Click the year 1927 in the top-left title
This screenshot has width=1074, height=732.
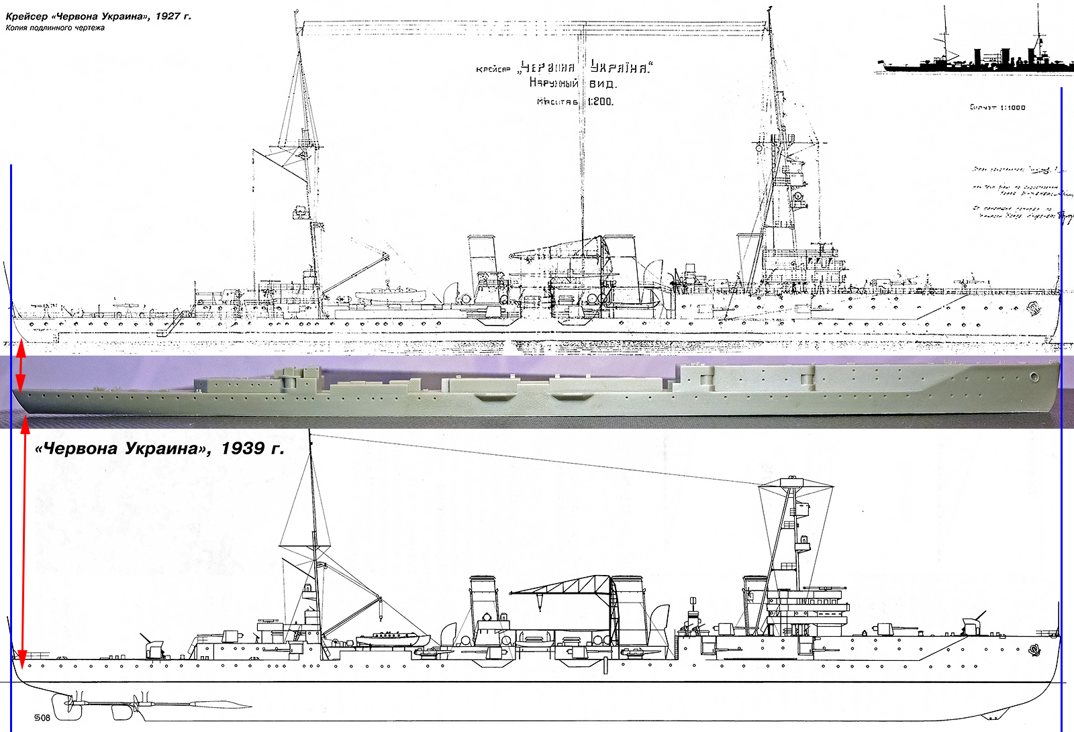pyautogui.click(x=168, y=16)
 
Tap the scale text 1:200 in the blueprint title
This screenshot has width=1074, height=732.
pyautogui.click(x=600, y=102)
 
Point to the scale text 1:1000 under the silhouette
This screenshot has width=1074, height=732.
pyautogui.click(x=1012, y=107)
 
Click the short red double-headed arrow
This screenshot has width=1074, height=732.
pyautogui.click(x=21, y=366)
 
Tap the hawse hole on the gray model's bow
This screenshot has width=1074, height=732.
pyautogui.click(x=1034, y=377)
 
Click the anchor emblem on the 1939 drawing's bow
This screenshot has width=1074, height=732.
pyautogui.click(x=1034, y=649)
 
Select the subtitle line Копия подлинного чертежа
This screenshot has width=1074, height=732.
pyautogui.click(x=55, y=28)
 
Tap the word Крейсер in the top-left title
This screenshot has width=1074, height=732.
pyautogui.click(x=27, y=16)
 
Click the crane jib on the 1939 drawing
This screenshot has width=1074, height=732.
pyautogui.click(x=564, y=585)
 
